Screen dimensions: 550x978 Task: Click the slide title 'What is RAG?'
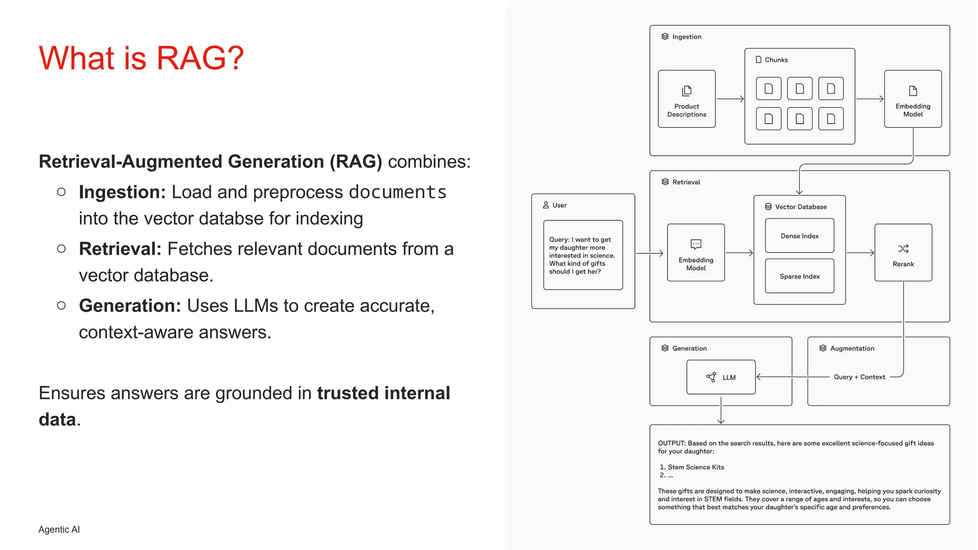(141, 58)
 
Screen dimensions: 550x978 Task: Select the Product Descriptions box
(686, 99)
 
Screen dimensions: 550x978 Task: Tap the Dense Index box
(799, 236)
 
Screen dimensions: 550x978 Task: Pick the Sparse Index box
(799, 276)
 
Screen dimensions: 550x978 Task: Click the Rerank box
(903, 253)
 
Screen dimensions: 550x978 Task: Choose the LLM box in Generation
(721, 377)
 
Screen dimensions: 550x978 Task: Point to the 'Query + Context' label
(859, 377)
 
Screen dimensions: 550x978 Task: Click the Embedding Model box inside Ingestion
(913, 99)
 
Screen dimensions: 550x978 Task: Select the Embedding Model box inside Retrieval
(696, 253)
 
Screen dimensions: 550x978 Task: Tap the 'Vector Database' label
(800, 207)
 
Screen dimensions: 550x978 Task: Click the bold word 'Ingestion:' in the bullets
(122, 192)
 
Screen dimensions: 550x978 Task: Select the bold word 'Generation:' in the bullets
(130, 306)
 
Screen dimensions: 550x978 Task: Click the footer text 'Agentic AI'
(59, 529)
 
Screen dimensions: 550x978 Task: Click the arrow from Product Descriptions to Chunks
(730, 99)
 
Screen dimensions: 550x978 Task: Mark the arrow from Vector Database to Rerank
(860, 253)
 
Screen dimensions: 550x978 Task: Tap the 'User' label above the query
(559, 205)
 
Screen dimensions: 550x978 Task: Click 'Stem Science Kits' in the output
(696, 467)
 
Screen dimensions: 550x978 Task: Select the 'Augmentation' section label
(852, 349)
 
